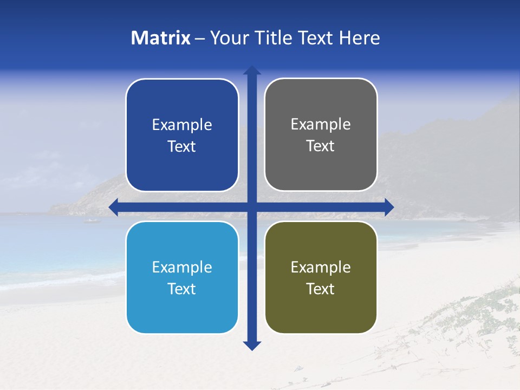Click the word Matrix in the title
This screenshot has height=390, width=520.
click(161, 38)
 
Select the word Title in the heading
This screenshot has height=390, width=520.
click(276, 38)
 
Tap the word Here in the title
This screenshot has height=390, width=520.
click(360, 38)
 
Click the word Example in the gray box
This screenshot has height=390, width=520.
click(321, 125)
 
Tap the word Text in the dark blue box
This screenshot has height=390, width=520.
click(182, 147)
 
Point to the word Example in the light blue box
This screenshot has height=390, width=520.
click(182, 267)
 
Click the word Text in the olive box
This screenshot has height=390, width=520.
click(321, 289)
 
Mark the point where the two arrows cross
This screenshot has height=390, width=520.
click(252, 207)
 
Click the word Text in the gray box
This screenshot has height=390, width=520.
click(321, 146)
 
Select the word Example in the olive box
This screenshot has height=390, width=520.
click(321, 267)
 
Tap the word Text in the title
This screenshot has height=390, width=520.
click(317, 38)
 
